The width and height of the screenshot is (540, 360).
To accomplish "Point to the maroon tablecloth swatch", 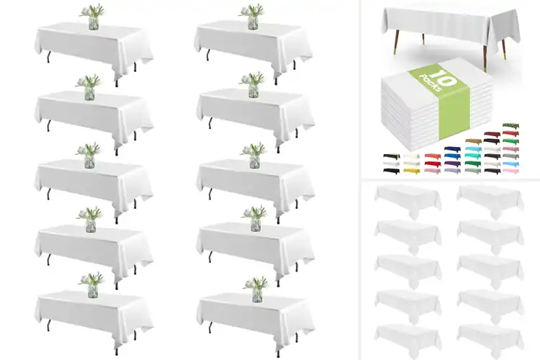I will [x=492, y=134].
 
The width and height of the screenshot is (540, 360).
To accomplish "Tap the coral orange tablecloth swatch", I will [x=433, y=156].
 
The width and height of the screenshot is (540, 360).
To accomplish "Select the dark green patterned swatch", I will [x=510, y=125].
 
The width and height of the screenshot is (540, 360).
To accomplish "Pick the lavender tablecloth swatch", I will [x=452, y=170].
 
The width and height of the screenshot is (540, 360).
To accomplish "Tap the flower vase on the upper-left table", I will [x=92, y=19].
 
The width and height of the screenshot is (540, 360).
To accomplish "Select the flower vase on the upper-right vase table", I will [x=253, y=19].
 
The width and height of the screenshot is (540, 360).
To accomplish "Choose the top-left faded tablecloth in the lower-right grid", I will [x=408, y=199].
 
